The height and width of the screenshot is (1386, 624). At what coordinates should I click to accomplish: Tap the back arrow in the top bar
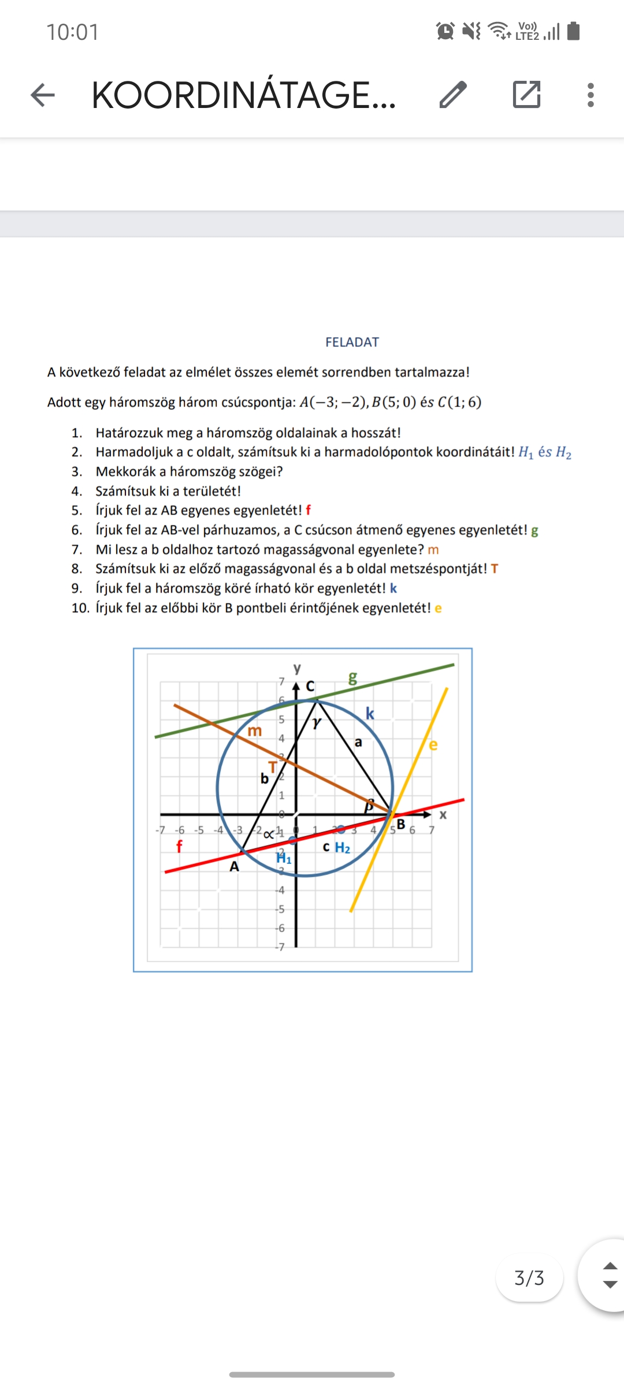(43, 95)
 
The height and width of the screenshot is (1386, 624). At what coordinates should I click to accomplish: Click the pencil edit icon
(453, 95)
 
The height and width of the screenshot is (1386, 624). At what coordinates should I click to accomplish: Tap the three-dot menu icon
(590, 95)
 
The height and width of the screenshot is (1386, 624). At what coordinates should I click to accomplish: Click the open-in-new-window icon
(526, 95)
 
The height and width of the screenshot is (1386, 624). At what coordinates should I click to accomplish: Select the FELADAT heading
(352, 342)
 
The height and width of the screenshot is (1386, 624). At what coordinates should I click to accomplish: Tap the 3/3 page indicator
(529, 1278)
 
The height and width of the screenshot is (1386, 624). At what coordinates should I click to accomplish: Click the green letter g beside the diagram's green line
(352, 678)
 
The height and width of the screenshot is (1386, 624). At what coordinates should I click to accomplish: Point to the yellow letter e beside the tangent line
(433, 745)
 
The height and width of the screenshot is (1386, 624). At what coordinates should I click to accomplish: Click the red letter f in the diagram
(179, 847)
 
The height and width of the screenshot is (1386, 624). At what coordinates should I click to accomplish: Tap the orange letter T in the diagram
(273, 767)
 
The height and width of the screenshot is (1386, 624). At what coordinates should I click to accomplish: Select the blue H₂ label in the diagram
(343, 848)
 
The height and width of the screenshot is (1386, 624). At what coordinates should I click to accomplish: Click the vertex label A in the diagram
(234, 867)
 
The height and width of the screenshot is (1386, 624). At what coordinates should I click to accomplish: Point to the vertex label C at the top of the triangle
(310, 686)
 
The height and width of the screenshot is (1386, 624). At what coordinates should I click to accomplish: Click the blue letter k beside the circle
(370, 714)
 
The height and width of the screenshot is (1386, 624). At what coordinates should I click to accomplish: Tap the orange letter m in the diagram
(255, 731)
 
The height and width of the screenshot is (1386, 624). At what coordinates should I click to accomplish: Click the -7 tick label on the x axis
(160, 830)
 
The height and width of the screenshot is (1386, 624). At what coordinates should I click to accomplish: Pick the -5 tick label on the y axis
(280, 910)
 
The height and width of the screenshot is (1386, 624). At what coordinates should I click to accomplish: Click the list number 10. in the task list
(81, 608)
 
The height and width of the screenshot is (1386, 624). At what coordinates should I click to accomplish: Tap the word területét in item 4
(215, 491)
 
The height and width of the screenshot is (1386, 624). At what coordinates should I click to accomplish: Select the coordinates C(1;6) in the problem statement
(459, 403)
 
